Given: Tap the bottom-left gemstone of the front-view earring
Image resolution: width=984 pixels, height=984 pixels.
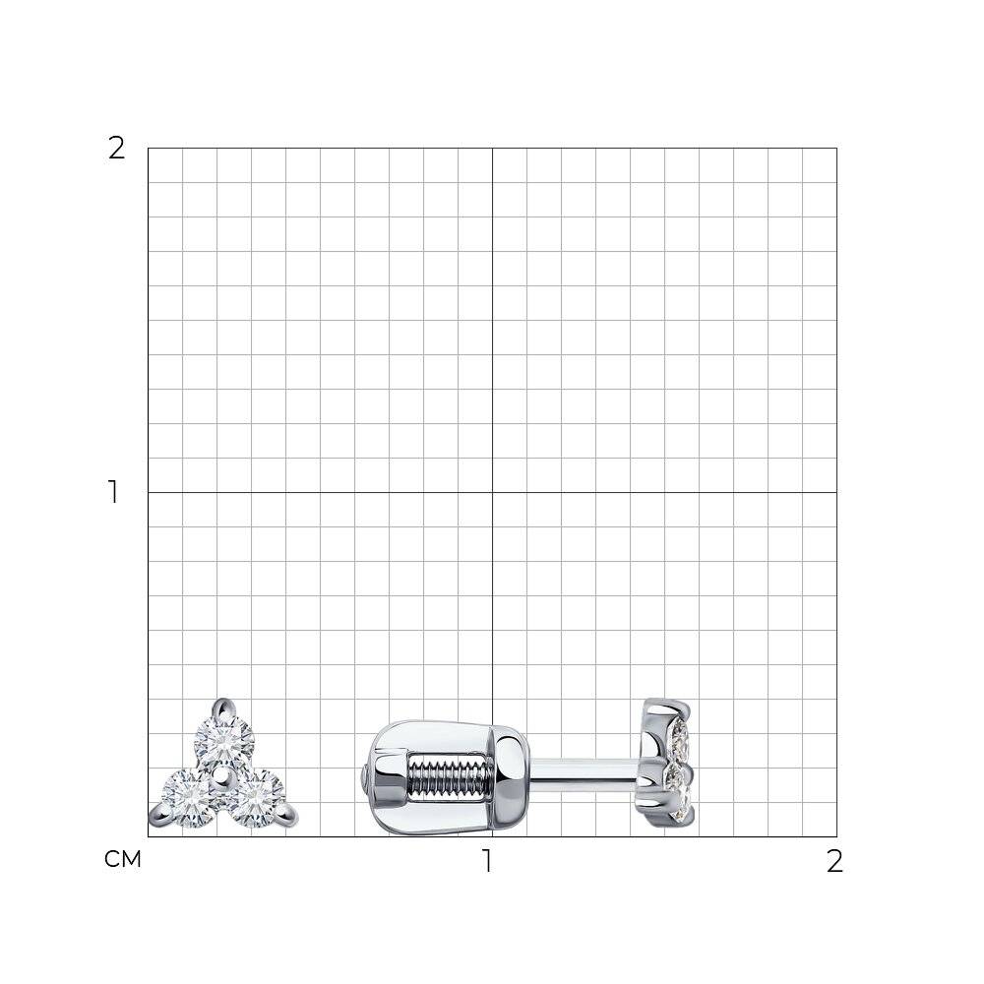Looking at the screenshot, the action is pyautogui.click(x=190, y=798).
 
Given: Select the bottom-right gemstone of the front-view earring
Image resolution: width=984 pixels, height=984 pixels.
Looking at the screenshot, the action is pyautogui.click(x=257, y=798).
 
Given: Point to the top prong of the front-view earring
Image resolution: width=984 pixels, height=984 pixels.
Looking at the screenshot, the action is pyautogui.click(x=222, y=707).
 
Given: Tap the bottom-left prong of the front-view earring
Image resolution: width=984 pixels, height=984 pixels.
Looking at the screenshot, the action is pyautogui.click(x=158, y=817).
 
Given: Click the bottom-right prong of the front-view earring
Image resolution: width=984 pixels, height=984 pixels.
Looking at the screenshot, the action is pyautogui.click(x=288, y=816).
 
